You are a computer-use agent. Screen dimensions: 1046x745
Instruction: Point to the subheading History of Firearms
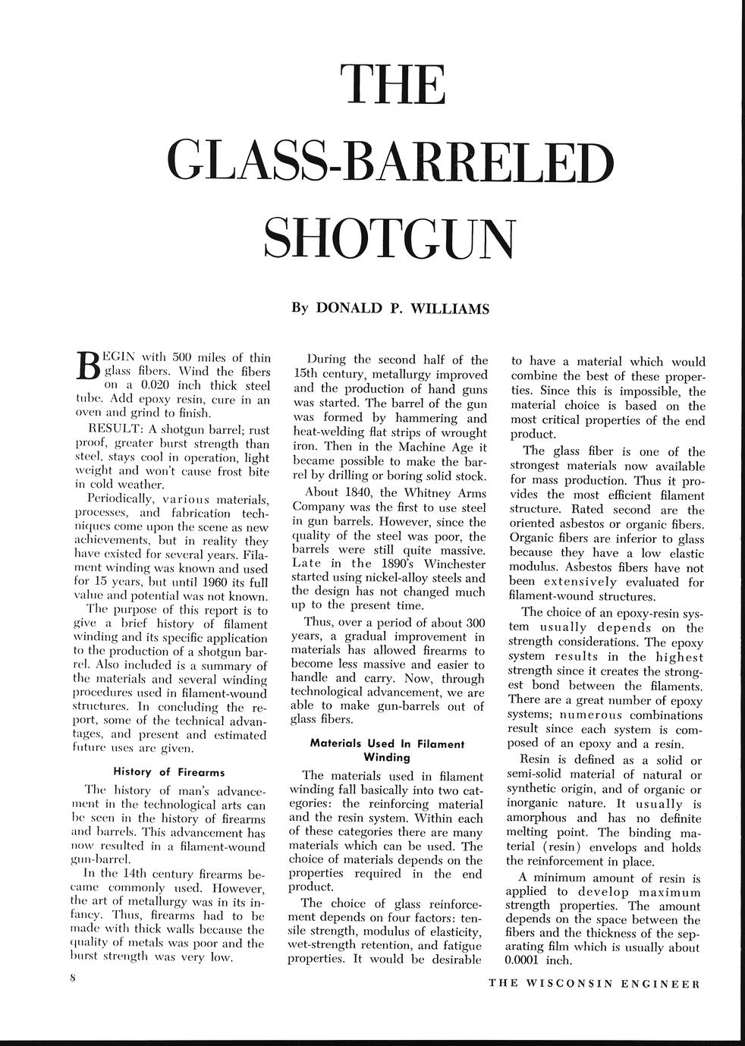point(169,772)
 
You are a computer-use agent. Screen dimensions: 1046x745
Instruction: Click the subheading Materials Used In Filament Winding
point(387,750)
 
